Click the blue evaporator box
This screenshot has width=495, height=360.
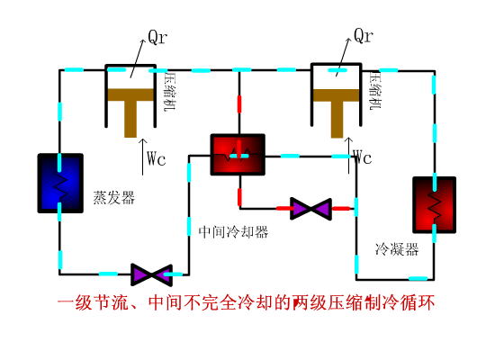point(60,183)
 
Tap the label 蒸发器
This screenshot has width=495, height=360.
point(112,197)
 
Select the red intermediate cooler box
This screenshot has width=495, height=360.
point(238,156)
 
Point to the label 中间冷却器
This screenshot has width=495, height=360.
point(233,231)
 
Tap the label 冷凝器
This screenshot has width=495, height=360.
point(397,249)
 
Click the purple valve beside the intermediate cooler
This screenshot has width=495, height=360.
point(310,209)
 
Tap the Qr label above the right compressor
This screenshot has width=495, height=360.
point(363,36)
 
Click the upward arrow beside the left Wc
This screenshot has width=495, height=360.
point(142,153)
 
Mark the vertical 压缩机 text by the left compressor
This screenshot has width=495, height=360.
point(168,93)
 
